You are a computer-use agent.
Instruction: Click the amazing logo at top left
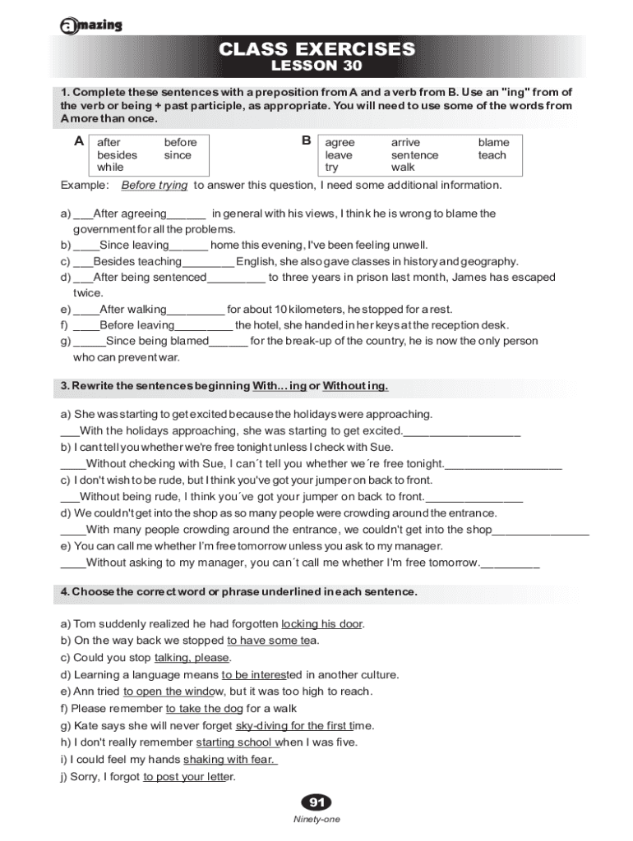pos(91,25)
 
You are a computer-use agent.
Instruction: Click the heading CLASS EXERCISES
pos(316,49)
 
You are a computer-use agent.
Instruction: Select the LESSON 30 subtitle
pos(316,66)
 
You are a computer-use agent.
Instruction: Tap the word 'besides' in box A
pos(118,155)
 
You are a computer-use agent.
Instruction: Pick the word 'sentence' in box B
pos(414,155)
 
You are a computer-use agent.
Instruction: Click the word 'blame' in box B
pos(493,143)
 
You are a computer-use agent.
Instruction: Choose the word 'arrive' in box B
pos(405,143)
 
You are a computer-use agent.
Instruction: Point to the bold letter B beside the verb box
pos(306,141)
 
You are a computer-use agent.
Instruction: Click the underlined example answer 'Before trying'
pos(155,186)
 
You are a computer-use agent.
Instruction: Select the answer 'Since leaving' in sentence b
pos(134,245)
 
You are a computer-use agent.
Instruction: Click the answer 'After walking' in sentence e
pos(132,310)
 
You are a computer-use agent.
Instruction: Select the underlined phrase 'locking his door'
pos(321,624)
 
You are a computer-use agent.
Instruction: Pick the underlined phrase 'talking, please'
pos(192,658)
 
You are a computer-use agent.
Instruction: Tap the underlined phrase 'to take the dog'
pos(204,709)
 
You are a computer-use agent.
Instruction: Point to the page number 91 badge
pos(316,802)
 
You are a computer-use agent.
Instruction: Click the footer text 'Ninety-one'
pos(316,820)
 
